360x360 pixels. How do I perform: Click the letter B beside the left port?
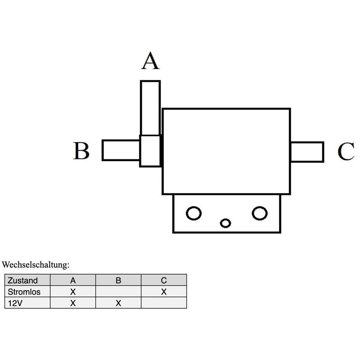click(x=81, y=151)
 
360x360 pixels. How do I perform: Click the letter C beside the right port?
click(x=346, y=151)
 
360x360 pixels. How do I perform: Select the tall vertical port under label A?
click(x=150, y=108)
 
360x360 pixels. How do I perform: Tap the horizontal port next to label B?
click(x=121, y=150)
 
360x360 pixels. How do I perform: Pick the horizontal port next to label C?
click(x=307, y=152)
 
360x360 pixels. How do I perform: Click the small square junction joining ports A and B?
click(x=150, y=151)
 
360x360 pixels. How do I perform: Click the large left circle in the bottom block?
click(x=193, y=213)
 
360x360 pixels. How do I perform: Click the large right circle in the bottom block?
click(x=260, y=213)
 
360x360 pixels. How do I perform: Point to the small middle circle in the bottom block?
click(x=225, y=223)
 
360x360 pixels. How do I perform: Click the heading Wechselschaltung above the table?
click(x=36, y=265)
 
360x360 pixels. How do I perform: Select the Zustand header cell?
click(x=27, y=280)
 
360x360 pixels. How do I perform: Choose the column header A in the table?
click(x=73, y=280)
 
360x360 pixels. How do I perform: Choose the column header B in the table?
click(x=118, y=280)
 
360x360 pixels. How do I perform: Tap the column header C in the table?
click(x=164, y=280)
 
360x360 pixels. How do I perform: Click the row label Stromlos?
click(x=24, y=292)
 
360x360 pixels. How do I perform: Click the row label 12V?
click(x=15, y=303)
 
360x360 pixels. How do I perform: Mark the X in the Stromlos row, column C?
click(x=164, y=292)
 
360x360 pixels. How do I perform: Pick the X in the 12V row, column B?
click(x=118, y=303)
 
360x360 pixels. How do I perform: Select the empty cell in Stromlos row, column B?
click(x=118, y=291)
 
